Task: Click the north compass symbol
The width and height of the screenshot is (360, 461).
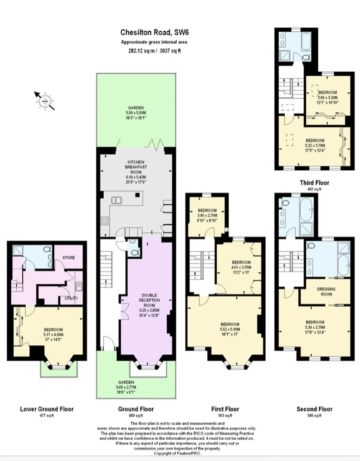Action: point(45,101)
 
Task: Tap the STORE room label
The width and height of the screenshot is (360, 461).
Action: point(69,257)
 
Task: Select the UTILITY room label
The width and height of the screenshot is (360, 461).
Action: point(71,298)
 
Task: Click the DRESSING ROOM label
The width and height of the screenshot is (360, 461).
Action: point(326,292)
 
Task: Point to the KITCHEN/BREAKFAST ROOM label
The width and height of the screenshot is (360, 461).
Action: point(136,167)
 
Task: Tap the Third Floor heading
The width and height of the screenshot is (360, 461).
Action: point(314,183)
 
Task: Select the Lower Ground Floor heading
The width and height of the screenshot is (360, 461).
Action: point(47,409)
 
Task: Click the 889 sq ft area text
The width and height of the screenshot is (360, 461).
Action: point(136,416)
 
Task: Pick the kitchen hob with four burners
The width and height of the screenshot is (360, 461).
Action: point(105,221)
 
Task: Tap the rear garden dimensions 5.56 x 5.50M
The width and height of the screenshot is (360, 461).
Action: point(136,113)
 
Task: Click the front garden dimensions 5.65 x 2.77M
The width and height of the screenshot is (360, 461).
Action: point(126,387)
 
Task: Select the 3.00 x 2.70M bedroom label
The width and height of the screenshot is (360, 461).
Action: point(207,216)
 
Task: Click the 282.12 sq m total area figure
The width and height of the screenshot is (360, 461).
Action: point(142,50)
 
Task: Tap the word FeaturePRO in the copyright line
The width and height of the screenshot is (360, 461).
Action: point(190,453)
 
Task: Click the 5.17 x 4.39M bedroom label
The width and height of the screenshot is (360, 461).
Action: point(53,335)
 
